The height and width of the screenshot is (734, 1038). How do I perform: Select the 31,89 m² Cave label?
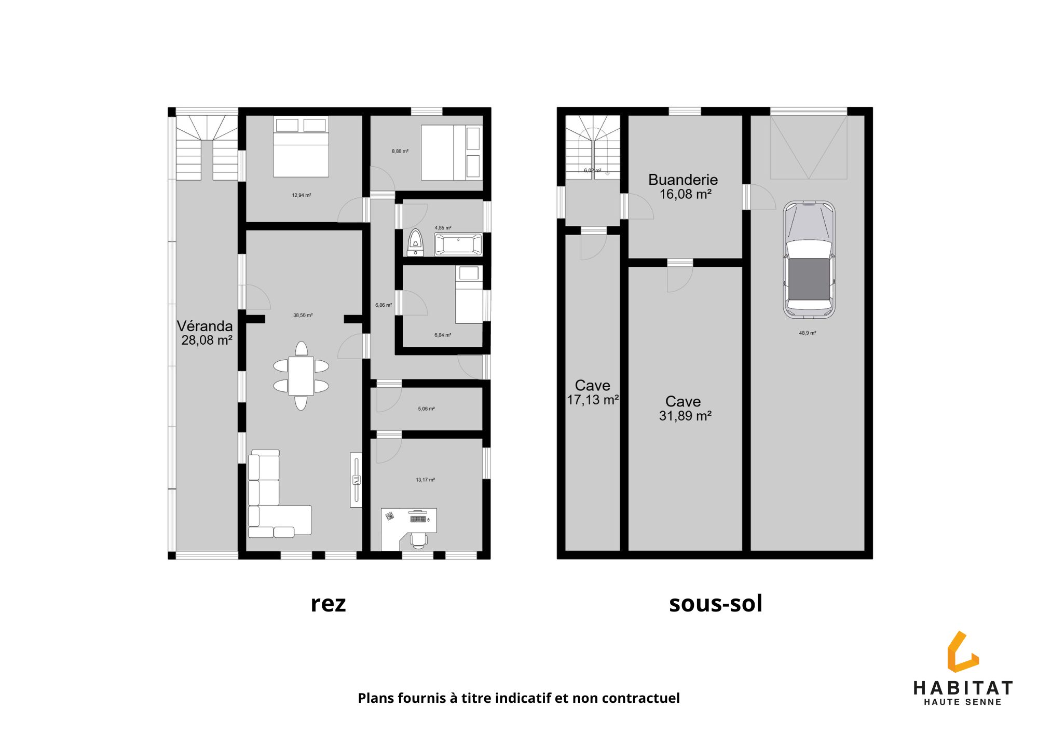coord(684,409)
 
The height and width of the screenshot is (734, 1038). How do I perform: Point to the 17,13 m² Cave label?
coord(593,392)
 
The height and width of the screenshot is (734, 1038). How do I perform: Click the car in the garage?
coord(809,260)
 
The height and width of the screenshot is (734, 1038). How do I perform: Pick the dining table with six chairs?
coord(301,375)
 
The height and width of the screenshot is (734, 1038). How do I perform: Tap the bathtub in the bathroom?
coord(458,244)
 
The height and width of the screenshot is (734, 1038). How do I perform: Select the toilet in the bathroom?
coord(415,243)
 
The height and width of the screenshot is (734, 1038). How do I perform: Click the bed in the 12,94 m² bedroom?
coord(301,146)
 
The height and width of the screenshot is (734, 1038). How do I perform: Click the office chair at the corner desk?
coord(419,540)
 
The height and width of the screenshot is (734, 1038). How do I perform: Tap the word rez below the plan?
coord(328,604)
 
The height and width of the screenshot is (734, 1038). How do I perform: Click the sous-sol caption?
coord(716,603)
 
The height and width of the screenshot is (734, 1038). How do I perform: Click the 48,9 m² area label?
coord(808,333)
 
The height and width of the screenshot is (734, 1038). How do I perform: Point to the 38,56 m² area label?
coord(303,315)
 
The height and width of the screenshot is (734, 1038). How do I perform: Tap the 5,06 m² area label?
coord(426,409)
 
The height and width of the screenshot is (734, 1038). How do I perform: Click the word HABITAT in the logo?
coord(963,688)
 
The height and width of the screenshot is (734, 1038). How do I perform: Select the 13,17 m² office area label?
coord(425,480)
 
